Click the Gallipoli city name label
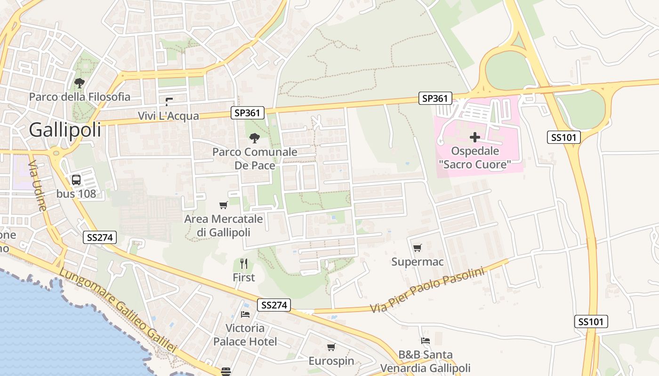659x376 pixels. (65, 130)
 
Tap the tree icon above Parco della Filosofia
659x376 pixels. (79, 84)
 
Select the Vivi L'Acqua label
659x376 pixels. (169, 116)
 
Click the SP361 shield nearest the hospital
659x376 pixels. (435, 98)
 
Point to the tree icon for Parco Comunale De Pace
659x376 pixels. (255, 138)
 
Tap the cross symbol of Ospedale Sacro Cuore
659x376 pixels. (474, 137)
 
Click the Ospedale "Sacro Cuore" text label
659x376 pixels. (474, 158)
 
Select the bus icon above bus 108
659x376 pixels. (76, 180)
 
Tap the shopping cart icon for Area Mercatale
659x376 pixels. (224, 205)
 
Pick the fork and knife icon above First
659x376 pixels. (244, 263)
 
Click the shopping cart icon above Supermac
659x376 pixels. (417, 248)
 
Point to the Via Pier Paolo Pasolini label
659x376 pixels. (427, 290)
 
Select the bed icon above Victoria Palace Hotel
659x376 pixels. (245, 314)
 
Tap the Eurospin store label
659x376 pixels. (331, 361)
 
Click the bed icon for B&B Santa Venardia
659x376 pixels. (426, 341)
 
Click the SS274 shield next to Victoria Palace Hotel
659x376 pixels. (273, 305)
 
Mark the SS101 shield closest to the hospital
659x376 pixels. (563, 137)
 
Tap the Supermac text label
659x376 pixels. (417, 262)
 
